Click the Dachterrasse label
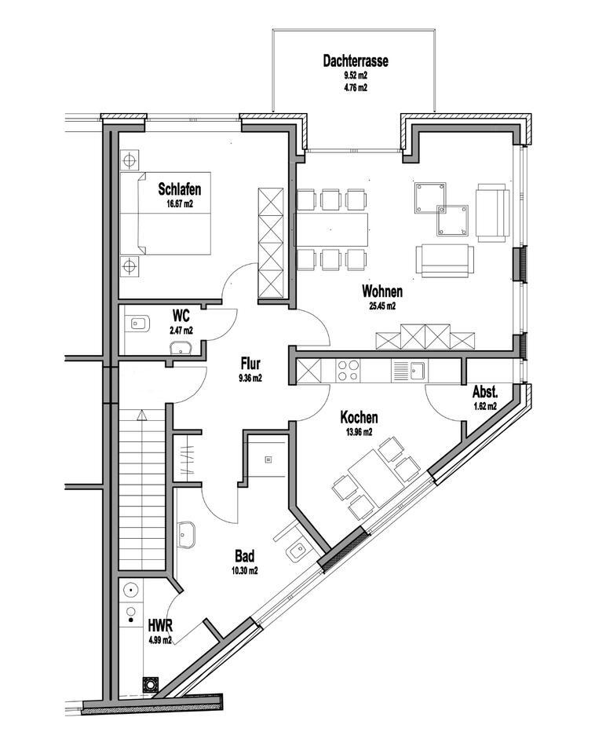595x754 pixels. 356,60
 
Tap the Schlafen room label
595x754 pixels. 179,188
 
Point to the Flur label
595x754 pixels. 250,364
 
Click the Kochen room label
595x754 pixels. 359,418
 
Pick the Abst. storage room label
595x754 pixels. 485,392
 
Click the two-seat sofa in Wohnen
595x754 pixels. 446,260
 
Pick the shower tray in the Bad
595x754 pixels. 268,457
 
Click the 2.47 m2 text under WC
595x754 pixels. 181,331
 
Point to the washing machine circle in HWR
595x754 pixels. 130,590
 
